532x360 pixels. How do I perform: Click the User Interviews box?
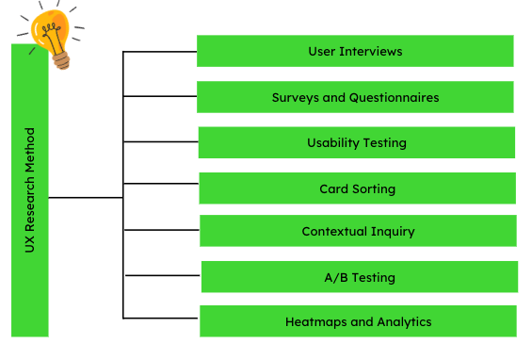point(355,51)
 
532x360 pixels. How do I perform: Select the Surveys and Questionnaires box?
point(355,97)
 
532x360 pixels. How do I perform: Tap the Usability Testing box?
point(356,143)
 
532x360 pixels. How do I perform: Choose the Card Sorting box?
point(357,188)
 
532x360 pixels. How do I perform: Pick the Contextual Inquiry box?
point(358,231)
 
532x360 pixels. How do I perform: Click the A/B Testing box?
point(359,277)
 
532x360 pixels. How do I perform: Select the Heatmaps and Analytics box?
point(358,321)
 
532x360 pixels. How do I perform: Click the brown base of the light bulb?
point(62,60)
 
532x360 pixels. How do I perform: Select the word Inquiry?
point(392,232)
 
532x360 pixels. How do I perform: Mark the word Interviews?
point(372,51)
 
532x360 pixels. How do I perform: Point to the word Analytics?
point(405,322)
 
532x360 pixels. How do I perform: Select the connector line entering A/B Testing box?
point(162,276)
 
